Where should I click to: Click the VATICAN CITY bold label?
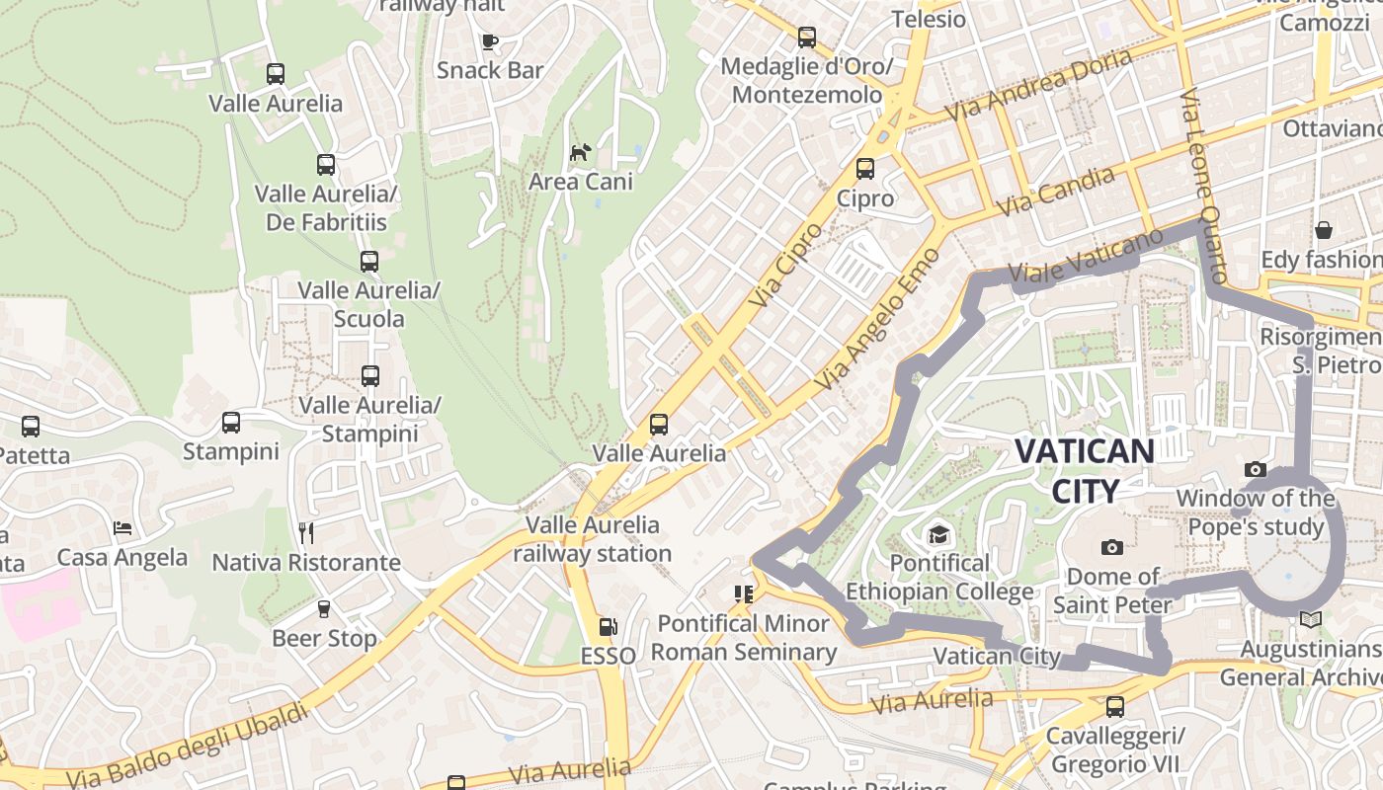point(1085,470)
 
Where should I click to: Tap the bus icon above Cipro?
point(865,169)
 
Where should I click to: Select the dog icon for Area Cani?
point(581,152)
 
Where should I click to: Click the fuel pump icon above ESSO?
point(608,627)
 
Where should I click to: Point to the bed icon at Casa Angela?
point(122,528)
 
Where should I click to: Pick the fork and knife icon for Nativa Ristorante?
point(306,533)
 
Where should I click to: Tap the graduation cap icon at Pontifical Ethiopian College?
point(937,535)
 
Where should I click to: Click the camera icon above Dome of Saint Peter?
point(1112,547)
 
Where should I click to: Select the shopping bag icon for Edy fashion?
point(1324,230)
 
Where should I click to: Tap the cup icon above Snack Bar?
point(489,41)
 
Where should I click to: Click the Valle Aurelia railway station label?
point(592,539)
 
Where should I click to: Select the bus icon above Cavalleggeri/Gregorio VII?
point(1115,707)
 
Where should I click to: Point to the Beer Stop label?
point(324,638)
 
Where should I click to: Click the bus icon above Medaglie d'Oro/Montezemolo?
point(807,38)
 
